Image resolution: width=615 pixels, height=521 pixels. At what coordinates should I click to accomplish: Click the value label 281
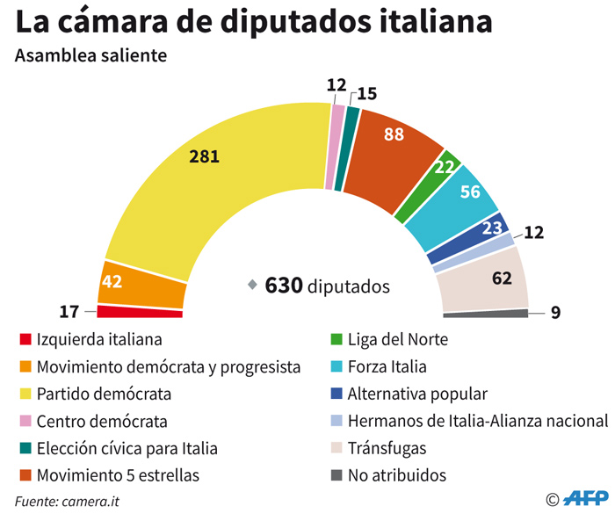tap(204, 157)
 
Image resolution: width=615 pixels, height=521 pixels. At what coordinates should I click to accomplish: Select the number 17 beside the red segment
tap(70, 311)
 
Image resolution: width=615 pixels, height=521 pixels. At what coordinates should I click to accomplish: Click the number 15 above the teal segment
tap(367, 92)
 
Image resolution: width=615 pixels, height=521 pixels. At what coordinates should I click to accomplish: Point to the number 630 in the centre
tap(284, 286)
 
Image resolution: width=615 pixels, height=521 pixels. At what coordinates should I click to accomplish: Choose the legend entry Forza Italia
tap(387, 366)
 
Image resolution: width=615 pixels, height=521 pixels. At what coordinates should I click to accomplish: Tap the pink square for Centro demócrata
tap(25, 421)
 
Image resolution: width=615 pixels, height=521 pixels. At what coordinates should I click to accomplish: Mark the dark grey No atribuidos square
tap(336, 475)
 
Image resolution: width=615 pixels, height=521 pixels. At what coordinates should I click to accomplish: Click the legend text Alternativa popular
tap(417, 394)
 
